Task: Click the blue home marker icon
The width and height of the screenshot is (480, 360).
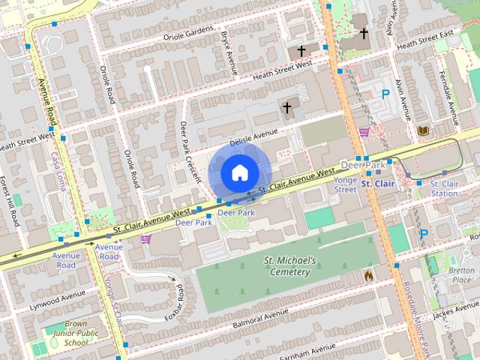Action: tap(238, 172)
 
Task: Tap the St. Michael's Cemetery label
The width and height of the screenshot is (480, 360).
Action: tap(290, 265)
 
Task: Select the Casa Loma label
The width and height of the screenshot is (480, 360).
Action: tap(58, 171)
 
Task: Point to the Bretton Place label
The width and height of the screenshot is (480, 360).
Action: tap(461, 274)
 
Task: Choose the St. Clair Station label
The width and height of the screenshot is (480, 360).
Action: tap(444, 188)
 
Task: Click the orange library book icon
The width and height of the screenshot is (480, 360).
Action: tap(422, 131)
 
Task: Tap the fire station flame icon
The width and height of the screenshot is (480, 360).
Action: tap(368, 276)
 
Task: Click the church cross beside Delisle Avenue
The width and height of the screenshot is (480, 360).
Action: tap(286, 108)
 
